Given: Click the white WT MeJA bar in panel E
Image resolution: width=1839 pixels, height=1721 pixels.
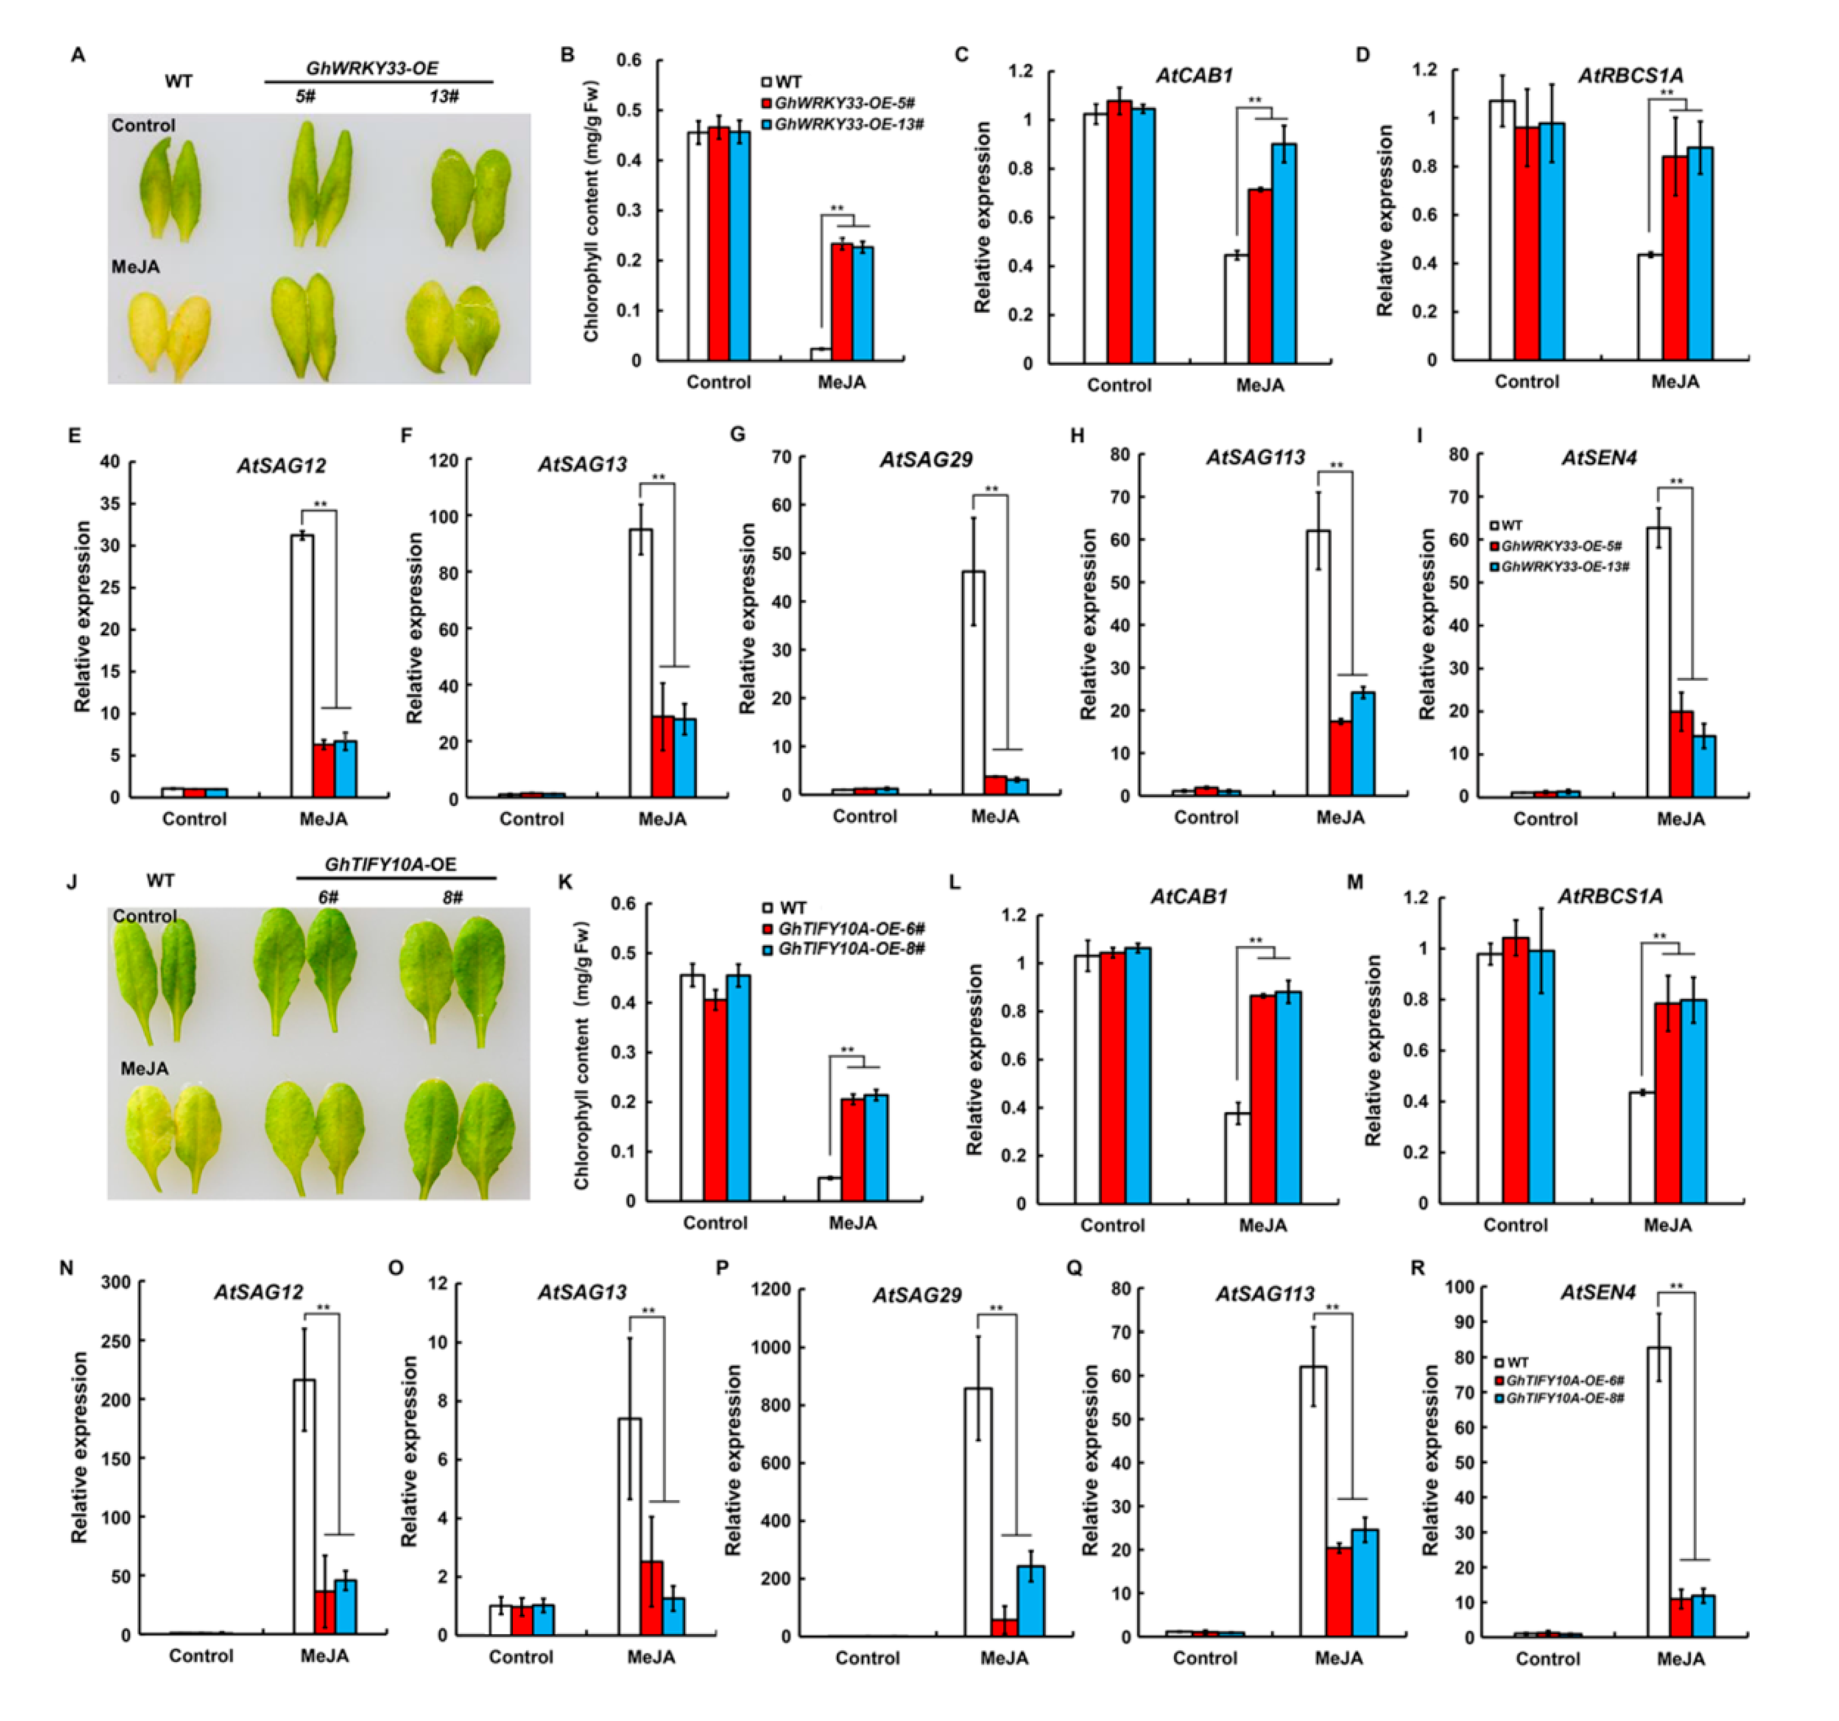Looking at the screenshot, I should pyautogui.click(x=301, y=666).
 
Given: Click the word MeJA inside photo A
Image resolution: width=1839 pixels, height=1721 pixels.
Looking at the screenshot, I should pyautogui.click(x=136, y=266).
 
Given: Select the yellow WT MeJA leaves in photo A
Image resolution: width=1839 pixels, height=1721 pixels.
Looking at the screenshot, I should pyautogui.click(x=169, y=335).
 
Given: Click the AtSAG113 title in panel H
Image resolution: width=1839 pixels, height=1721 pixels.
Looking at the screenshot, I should pyautogui.click(x=1256, y=457).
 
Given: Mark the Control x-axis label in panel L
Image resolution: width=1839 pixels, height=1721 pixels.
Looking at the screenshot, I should pyautogui.click(x=1112, y=1225).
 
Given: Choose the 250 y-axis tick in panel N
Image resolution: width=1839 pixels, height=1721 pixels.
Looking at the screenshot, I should pyautogui.click(x=116, y=1341).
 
